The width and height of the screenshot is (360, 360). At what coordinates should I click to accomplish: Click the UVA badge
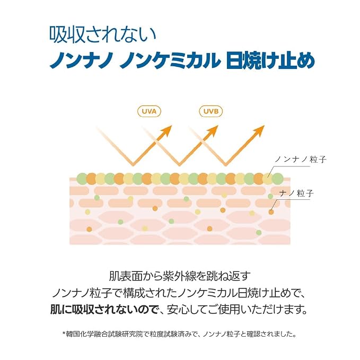(x=149, y=111)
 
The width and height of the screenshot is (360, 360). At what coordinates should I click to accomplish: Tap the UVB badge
(x=210, y=111)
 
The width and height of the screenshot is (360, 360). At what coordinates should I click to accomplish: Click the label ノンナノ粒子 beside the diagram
(x=300, y=160)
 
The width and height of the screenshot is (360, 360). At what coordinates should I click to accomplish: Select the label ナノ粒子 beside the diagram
(x=296, y=194)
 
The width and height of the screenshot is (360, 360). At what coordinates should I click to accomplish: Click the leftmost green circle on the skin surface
(x=82, y=179)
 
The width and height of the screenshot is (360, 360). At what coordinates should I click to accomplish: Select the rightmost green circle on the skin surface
(x=278, y=179)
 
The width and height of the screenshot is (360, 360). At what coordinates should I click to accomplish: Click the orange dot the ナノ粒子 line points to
(x=271, y=212)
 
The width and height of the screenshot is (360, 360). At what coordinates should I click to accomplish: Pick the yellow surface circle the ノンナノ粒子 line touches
(x=267, y=179)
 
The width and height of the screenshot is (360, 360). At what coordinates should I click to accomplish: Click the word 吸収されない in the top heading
(x=103, y=35)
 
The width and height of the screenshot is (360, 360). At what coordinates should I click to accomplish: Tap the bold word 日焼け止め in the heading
(x=270, y=60)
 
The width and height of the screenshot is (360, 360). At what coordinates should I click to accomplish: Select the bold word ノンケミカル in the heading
(x=169, y=60)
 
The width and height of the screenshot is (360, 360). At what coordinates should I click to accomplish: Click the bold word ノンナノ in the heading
(x=81, y=60)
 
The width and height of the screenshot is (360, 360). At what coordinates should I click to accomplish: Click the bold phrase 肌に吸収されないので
(x=104, y=310)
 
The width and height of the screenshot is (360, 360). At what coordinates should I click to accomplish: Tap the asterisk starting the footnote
(x=64, y=333)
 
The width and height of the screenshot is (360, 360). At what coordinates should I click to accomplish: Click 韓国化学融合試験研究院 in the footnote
(x=104, y=334)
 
